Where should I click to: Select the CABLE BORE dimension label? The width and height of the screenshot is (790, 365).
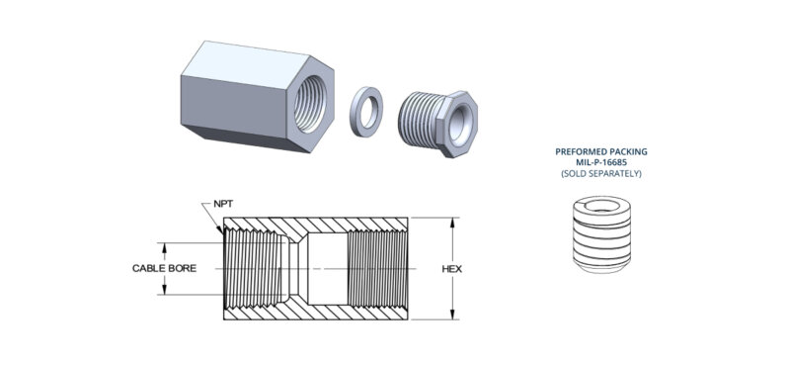click(165, 268)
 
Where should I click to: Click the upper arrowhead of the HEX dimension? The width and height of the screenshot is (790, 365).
click(453, 221)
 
